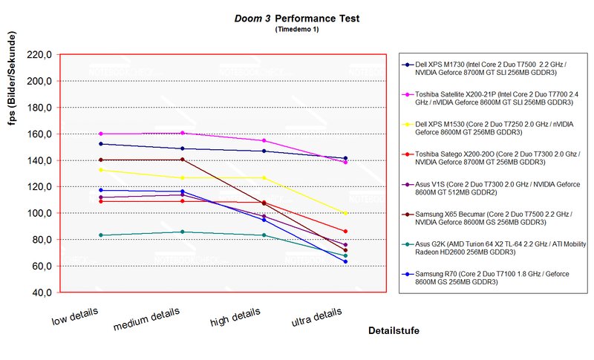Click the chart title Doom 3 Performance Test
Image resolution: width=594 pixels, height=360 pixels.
coord(297,18)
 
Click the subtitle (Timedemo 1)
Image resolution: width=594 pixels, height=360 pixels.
coord(297,30)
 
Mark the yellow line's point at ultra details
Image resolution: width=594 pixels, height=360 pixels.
coord(345,214)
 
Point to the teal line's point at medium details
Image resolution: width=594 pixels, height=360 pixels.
coord(183,232)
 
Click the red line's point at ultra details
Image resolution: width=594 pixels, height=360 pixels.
coord(345,232)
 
